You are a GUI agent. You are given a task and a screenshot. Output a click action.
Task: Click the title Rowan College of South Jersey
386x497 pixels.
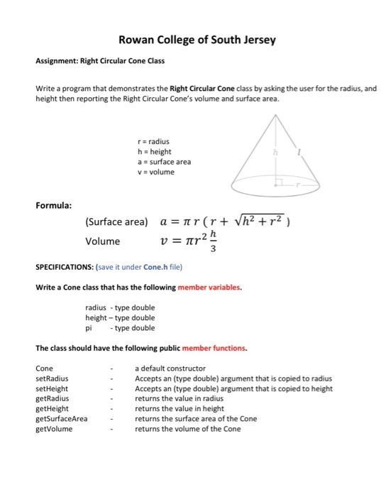[x=197, y=40]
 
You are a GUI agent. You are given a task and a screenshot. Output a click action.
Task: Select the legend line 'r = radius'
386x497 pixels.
[x=154, y=141]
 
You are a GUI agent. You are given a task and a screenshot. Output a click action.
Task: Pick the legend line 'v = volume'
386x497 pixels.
[x=156, y=172]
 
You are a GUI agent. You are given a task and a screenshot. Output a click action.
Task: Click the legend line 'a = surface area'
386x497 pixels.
[x=164, y=162]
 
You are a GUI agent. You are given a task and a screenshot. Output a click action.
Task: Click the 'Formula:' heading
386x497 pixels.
[x=54, y=205]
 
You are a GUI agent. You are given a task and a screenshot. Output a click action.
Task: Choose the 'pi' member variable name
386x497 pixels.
[x=89, y=328]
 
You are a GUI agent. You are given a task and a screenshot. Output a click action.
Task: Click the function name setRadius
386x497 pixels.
[x=52, y=378]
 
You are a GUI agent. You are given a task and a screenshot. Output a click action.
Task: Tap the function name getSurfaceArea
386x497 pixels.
[x=62, y=419]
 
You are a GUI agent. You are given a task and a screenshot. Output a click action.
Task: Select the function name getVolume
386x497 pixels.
[x=54, y=429]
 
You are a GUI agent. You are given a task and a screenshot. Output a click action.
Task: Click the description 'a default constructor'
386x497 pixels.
[x=170, y=368]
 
